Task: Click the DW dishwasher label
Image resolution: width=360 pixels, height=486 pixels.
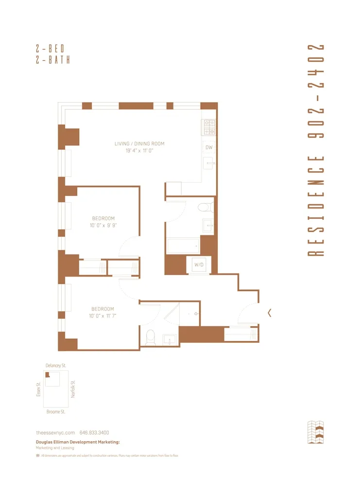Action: coord(209,147)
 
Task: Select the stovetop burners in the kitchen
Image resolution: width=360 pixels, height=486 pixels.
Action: coord(209,127)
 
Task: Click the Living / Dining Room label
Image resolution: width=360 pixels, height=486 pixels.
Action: coord(139,144)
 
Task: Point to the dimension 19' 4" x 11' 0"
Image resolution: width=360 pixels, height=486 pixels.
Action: coord(139,151)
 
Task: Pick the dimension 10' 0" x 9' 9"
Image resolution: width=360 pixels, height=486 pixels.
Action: coord(103,226)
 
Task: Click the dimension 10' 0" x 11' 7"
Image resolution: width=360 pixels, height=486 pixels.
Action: coord(103,316)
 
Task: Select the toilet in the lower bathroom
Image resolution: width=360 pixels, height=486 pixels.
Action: coord(151,336)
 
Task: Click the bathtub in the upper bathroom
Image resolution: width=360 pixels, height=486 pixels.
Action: coord(183,245)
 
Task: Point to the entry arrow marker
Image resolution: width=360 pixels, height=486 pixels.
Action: coord(270,313)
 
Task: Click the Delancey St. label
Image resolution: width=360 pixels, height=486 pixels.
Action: coord(55,365)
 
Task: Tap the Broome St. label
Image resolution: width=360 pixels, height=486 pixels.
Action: coord(55,412)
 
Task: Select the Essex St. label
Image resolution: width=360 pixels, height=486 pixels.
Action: coord(38,389)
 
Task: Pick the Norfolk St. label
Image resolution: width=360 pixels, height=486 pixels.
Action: coord(73,389)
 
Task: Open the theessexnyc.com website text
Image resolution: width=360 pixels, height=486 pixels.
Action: coord(55,433)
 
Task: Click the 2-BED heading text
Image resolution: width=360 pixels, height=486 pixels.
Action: coord(50,49)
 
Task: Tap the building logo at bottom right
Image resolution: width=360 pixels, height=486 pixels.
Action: coord(315,432)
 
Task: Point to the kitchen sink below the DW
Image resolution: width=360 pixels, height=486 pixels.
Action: coord(209,162)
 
